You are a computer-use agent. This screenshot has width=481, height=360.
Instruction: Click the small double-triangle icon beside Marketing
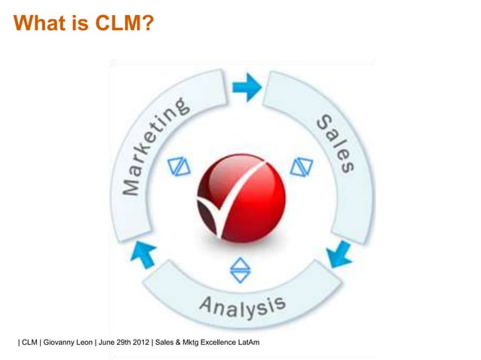pos(179,166)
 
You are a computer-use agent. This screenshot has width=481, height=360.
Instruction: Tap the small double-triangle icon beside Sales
pos(301,166)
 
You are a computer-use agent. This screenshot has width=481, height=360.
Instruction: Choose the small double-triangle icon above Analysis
pos(240,269)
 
